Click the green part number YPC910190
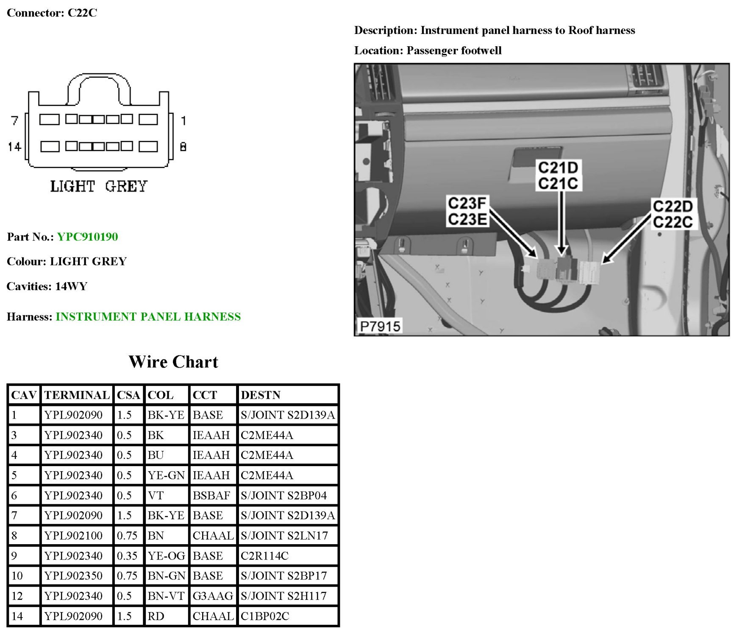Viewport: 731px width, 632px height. [87, 237]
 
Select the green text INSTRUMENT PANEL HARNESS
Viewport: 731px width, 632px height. [148, 316]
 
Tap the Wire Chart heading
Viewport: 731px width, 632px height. [173, 362]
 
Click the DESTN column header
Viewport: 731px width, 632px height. [261, 395]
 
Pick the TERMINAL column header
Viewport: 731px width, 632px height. [77, 395]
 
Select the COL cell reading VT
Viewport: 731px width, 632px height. [156, 495]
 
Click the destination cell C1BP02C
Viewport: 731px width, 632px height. [265, 616]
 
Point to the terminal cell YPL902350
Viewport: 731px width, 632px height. [73, 576]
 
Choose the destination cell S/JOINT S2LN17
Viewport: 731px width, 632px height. [284, 535]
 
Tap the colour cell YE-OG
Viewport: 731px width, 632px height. [166, 556]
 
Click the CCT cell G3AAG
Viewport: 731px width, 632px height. [213, 596]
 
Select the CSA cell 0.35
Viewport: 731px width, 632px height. [127, 556]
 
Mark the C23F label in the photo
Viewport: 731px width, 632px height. [467, 203]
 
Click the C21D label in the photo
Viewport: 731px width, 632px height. [558, 168]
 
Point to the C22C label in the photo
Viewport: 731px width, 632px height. [673, 222]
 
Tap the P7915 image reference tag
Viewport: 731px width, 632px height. [380, 326]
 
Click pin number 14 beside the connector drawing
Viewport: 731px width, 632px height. [14, 147]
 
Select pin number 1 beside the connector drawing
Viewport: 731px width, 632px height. [183, 120]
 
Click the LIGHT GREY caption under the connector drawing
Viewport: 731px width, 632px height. [99, 186]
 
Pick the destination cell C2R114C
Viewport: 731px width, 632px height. [264, 556]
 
